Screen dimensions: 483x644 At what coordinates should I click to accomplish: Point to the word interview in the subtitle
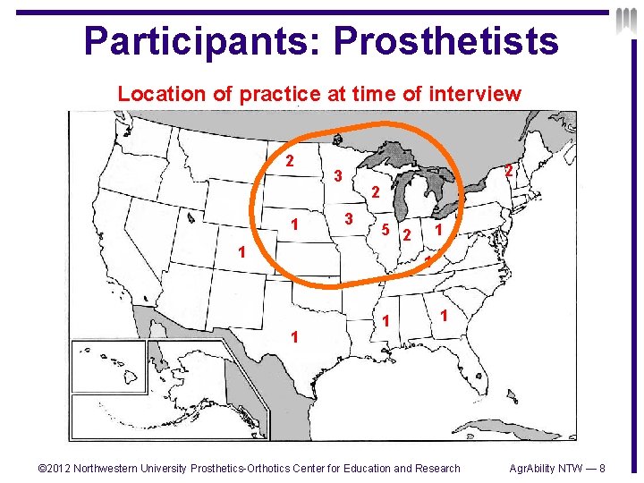(x=475, y=94)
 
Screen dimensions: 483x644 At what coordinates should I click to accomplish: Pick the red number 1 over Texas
(x=295, y=336)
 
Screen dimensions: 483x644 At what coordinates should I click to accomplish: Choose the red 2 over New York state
(x=507, y=171)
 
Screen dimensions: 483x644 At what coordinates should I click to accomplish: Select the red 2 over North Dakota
(x=289, y=162)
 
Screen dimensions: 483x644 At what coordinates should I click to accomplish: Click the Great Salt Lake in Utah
(x=191, y=216)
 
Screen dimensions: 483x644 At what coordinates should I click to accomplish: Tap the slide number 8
(x=603, y=468)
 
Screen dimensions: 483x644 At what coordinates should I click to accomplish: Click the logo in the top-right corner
(x=625, y=21)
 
